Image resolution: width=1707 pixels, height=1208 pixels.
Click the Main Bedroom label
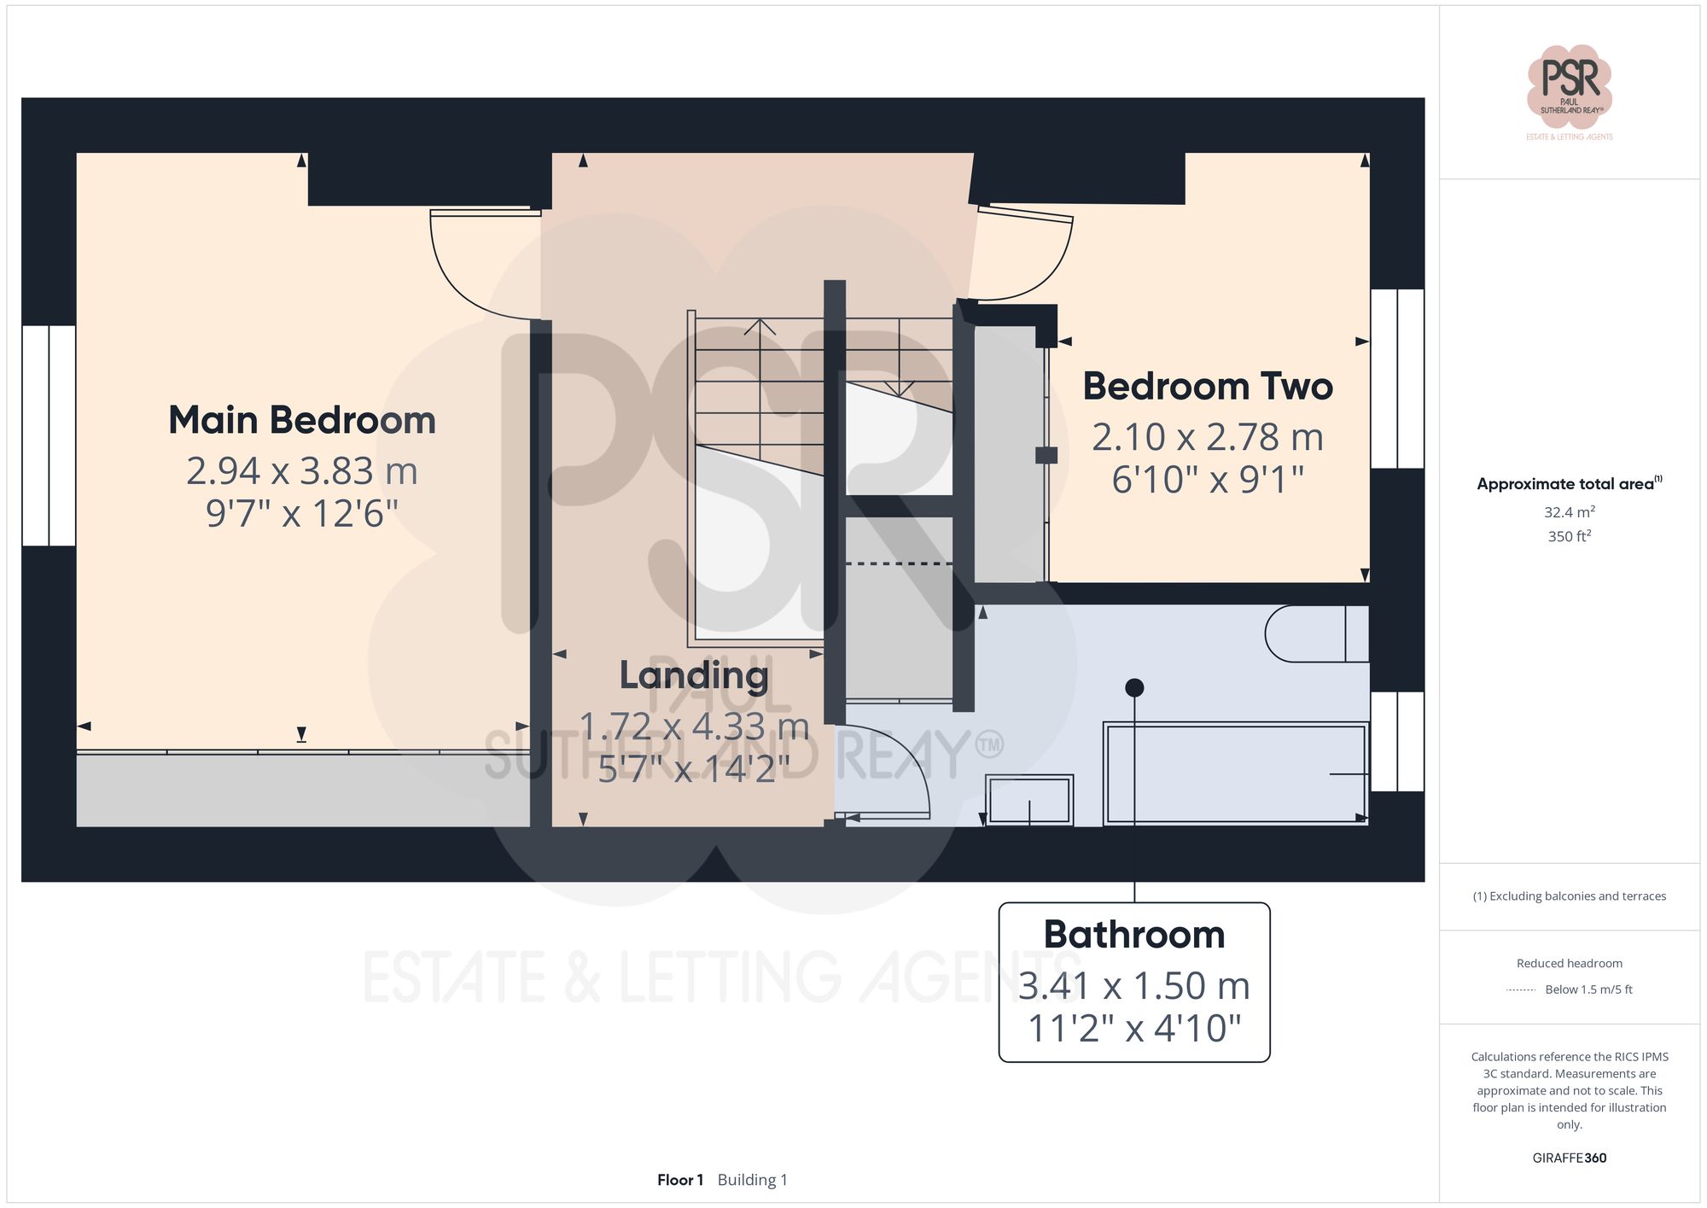point(302,420)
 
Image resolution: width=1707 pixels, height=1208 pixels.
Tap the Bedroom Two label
point(1208,386)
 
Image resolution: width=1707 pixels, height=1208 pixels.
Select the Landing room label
point(694,675)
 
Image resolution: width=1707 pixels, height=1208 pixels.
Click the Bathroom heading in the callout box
point(1133,935)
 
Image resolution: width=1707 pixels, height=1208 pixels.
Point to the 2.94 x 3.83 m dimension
point(302,471)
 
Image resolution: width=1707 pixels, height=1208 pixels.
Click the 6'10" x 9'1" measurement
point(1208,480)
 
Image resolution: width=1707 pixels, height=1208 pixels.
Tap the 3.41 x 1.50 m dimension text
point(1133,986)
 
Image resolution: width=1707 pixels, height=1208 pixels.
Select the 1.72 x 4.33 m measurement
point(694,727)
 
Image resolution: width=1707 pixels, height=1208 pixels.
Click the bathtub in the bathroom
point(1236,773)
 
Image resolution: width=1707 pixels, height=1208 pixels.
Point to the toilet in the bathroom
point(1314,633)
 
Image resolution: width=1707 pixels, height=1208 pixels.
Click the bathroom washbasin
point(1029,800)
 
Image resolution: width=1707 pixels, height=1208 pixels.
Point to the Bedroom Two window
point(1397,378)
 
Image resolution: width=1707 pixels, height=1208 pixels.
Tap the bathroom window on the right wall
point(1397,741)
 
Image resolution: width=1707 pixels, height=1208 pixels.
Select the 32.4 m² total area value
point(1569,512)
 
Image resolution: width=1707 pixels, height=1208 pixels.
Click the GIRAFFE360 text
point(1569,1158)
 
